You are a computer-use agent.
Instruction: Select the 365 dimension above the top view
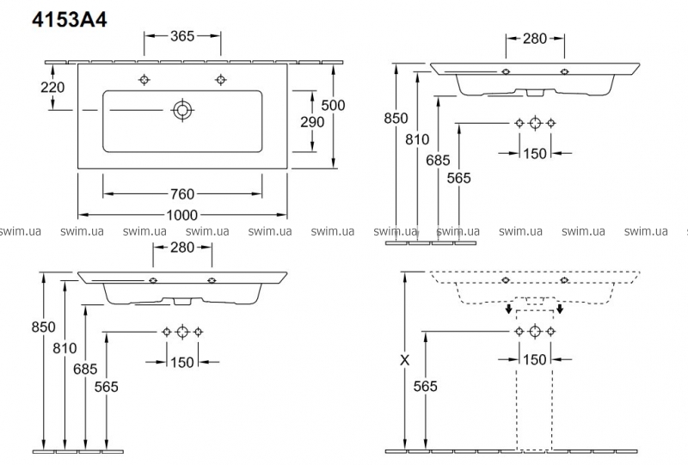click(181, 36)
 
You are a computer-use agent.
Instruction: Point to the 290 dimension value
click(311, 122)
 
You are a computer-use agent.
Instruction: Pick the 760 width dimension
click(182, 193)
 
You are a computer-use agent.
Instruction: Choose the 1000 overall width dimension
click(182, 214)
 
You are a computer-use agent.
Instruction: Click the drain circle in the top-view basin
click(182, 110)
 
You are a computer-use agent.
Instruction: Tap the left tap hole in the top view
click(144, 80)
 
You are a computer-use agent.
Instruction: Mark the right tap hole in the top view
click(221, 80)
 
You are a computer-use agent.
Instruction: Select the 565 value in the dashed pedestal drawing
click(425, 386)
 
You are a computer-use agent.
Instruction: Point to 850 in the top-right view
click(396, 119)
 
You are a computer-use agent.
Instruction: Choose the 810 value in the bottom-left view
click(64, 349)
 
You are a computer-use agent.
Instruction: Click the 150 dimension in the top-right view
click(535, 153)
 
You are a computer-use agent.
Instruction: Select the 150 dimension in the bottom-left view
click(181, 362)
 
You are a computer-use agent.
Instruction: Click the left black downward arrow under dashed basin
click(510, 309)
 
